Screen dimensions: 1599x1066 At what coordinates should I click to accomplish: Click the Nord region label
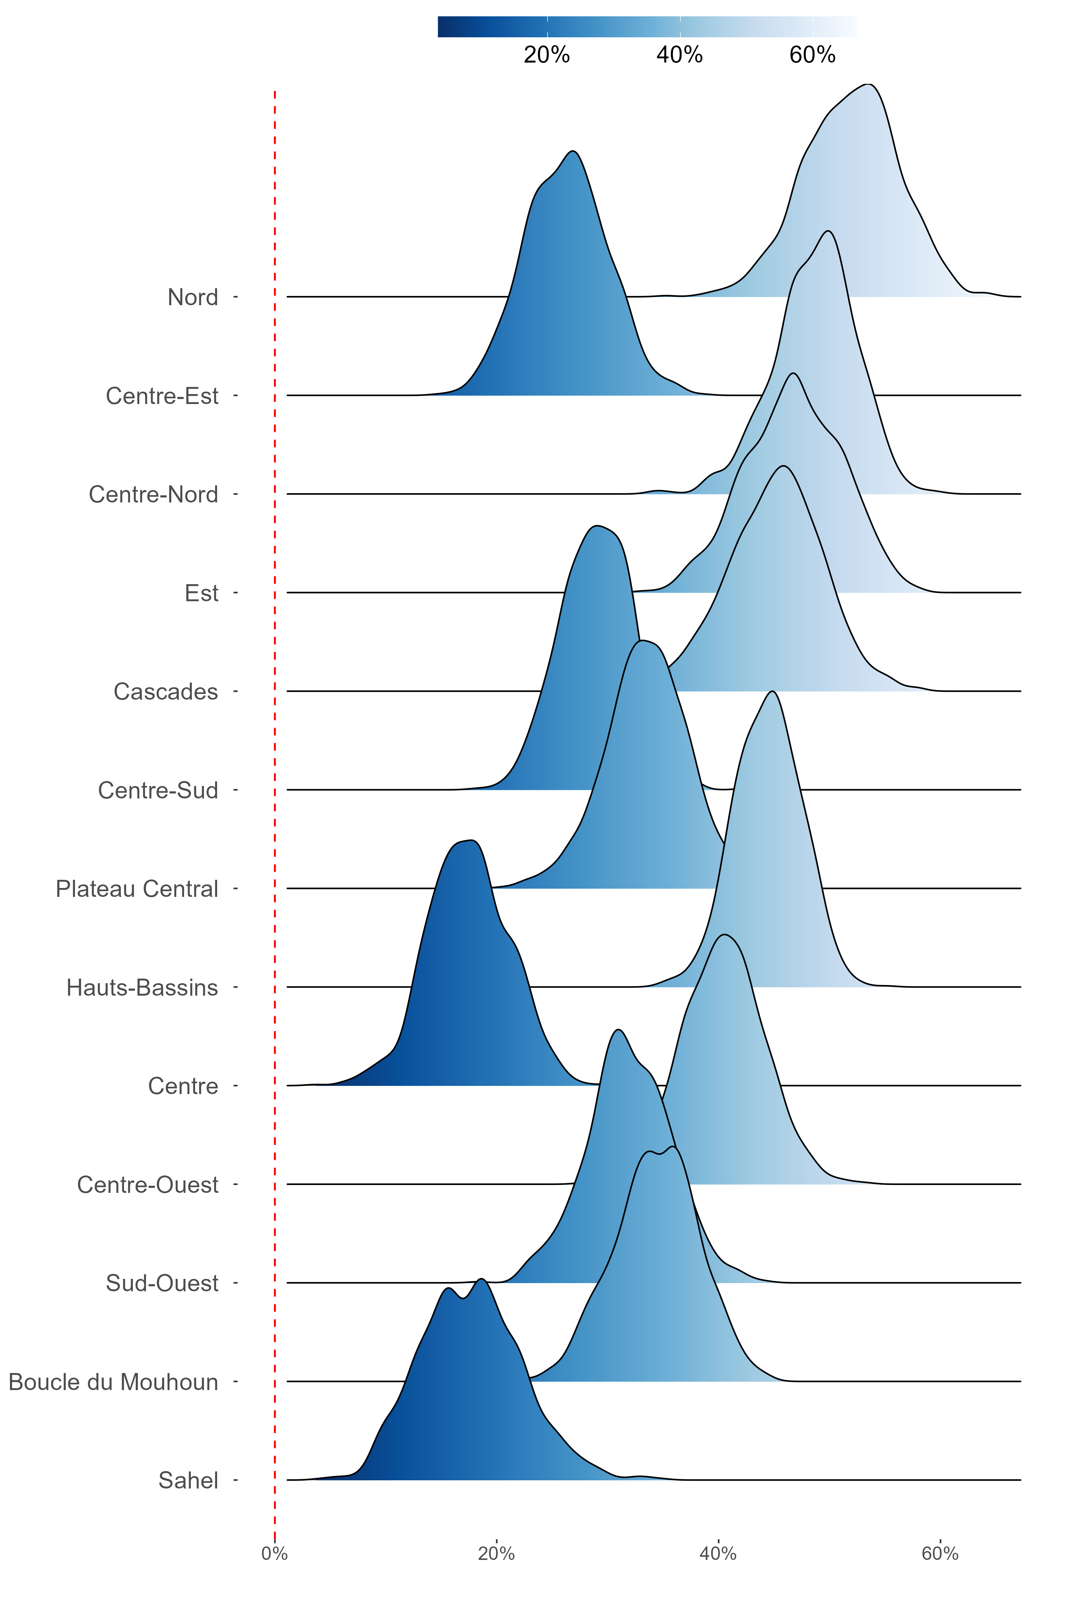pos(192,297)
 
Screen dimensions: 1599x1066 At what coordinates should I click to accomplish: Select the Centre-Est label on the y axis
pos(162,396)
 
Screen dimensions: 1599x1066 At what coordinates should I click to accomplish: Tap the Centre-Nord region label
pos(153,494)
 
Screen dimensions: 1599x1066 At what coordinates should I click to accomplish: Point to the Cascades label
pos(165,691)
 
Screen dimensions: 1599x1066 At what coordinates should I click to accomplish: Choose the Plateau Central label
pos(137,889)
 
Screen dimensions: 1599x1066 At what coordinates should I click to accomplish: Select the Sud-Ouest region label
pos(162,1283)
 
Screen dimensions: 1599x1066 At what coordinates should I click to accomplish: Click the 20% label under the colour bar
pos(547,54)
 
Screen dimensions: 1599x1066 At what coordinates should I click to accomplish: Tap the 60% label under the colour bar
pos(812,54)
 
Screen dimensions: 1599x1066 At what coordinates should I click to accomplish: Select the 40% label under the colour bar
pos(679,54)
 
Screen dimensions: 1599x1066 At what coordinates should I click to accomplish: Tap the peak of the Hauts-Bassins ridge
pos(772,691)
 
